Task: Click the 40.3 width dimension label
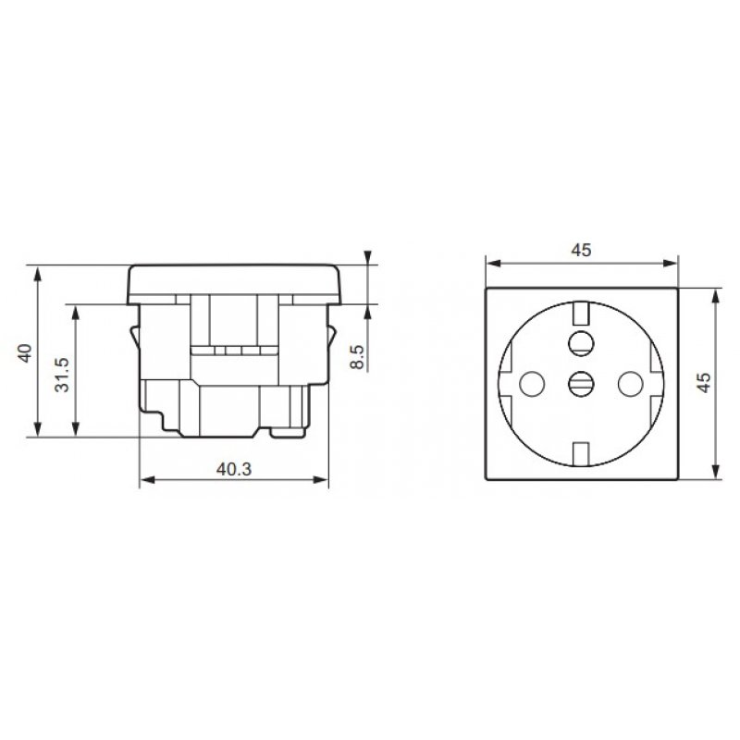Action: click(x=234, y=468)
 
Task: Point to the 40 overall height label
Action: click(x=25, y=352)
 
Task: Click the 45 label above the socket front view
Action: click(x=581, y=250)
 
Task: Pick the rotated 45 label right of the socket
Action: click(x=704, y=384)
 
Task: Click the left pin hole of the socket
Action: click(x=531, y=380)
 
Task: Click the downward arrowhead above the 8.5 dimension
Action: click(x=368, y=258)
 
